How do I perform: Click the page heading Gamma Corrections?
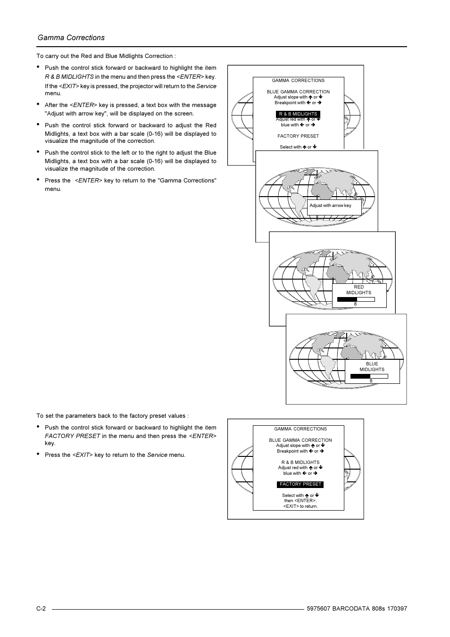click(71, 38)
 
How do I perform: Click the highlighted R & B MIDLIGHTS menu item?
click(298, 114)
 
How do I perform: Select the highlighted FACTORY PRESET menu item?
click(300, 484)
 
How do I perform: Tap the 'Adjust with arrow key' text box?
click(333, 206)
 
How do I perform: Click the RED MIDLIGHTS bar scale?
click(356, 299)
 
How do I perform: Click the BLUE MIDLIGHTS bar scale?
click(369, 376)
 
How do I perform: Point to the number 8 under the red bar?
click(355, 304)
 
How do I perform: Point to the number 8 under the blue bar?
click(371, 381)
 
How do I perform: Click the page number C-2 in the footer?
click(41, 609)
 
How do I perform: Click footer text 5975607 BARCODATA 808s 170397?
click(356, 609)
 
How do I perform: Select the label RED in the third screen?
click(358, 287)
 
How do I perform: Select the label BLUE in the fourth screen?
click(372, 364)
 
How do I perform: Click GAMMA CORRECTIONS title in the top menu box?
click(298, 81)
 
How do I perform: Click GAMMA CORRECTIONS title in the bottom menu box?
click(300, 429)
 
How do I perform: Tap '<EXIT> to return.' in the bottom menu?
click(300, 506)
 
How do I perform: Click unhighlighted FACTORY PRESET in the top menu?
click(298, 136)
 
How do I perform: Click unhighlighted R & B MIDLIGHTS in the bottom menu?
click(300, 463)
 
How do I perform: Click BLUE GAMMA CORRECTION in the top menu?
click(298, 92)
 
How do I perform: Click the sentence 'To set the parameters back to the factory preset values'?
click(112, 416)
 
